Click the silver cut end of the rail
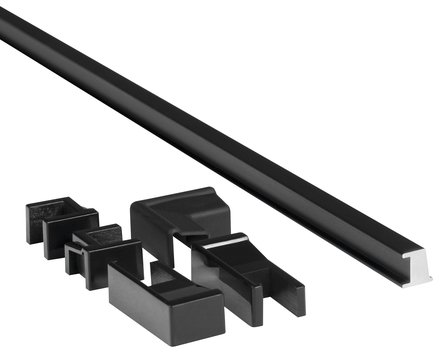[417, 266]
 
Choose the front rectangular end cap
[165, 305]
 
